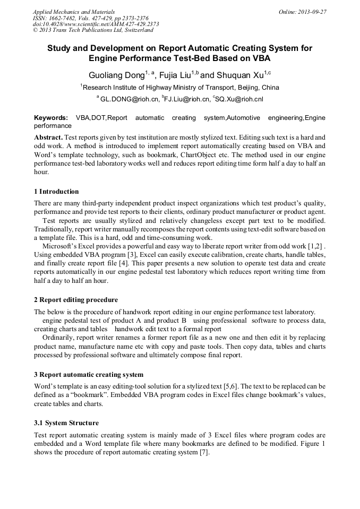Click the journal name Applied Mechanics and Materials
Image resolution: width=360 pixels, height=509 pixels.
point(74,12)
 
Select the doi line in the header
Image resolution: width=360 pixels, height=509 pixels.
point(96,24)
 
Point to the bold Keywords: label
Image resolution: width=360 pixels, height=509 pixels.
point(51,117)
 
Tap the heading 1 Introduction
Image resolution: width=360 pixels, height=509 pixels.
point(56,192)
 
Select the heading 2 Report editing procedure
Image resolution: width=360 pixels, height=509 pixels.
point(76,299)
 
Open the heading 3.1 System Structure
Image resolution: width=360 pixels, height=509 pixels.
point(66,423)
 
